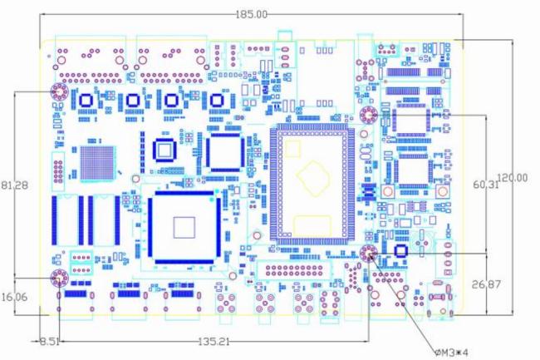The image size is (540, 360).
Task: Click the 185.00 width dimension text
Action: pos(252,14)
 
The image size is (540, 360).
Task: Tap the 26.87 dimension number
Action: pos(488,285)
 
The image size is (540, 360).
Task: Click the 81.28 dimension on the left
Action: pos(15,185)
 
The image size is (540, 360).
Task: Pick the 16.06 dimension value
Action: pos(15,296)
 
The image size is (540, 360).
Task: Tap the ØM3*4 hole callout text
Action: pos(451,353)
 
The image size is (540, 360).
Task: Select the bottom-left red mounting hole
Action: pos(60,278)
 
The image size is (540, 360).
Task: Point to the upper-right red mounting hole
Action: pos(368,115)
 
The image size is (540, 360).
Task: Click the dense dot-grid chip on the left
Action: pos(96,162)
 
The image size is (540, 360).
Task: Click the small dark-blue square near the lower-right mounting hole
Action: pos(402,250)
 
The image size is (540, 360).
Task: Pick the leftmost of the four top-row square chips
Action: pos(86,101)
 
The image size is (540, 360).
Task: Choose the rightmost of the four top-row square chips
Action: pos(218,101)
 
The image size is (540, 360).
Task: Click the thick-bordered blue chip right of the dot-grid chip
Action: pos(165,150)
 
